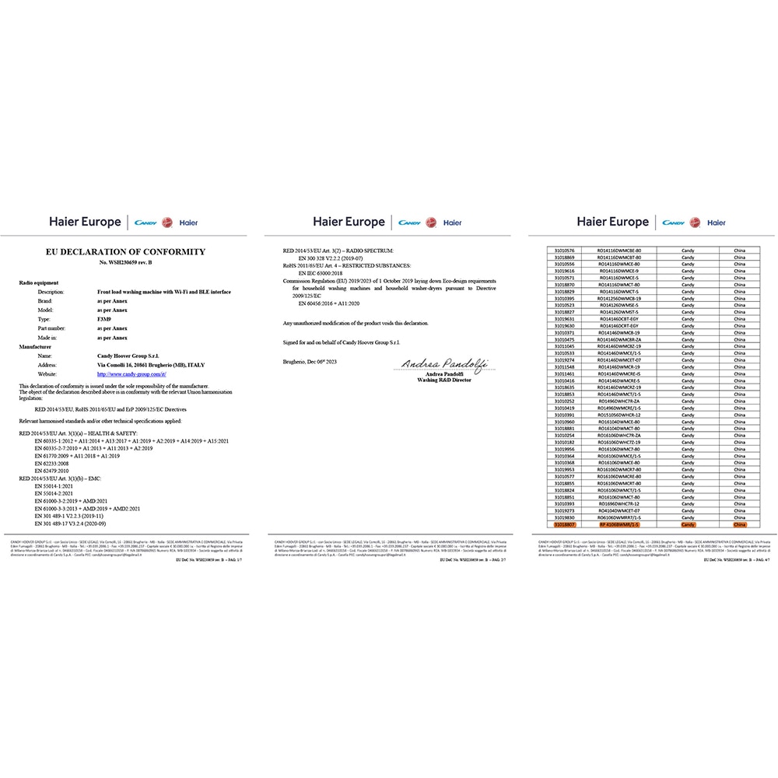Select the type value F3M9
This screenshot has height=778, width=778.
(x=103, y=318)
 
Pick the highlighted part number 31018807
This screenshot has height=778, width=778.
(x=564, y=525)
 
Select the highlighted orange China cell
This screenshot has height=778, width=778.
(x=739, y=525)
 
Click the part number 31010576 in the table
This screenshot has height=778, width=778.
(x=564, y=250)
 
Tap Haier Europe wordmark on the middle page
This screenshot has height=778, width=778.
(x=349, y=223)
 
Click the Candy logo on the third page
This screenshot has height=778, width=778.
(x=674, y=223)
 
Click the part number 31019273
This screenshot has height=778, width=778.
(x=564, y=511)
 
